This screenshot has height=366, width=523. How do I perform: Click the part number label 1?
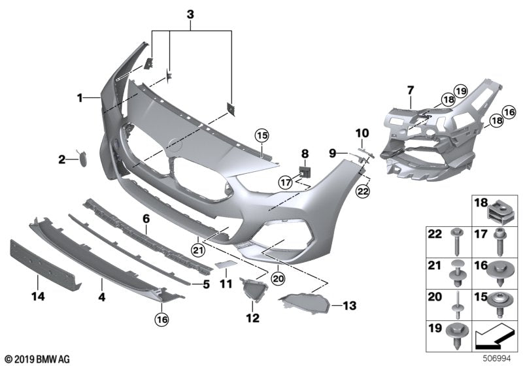tap(79, 99)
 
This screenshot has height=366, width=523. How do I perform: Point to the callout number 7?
tap(410, 90)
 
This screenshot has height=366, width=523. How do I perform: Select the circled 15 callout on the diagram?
tap(261, 136)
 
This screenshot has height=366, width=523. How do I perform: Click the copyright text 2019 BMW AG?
tap(37, 359)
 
